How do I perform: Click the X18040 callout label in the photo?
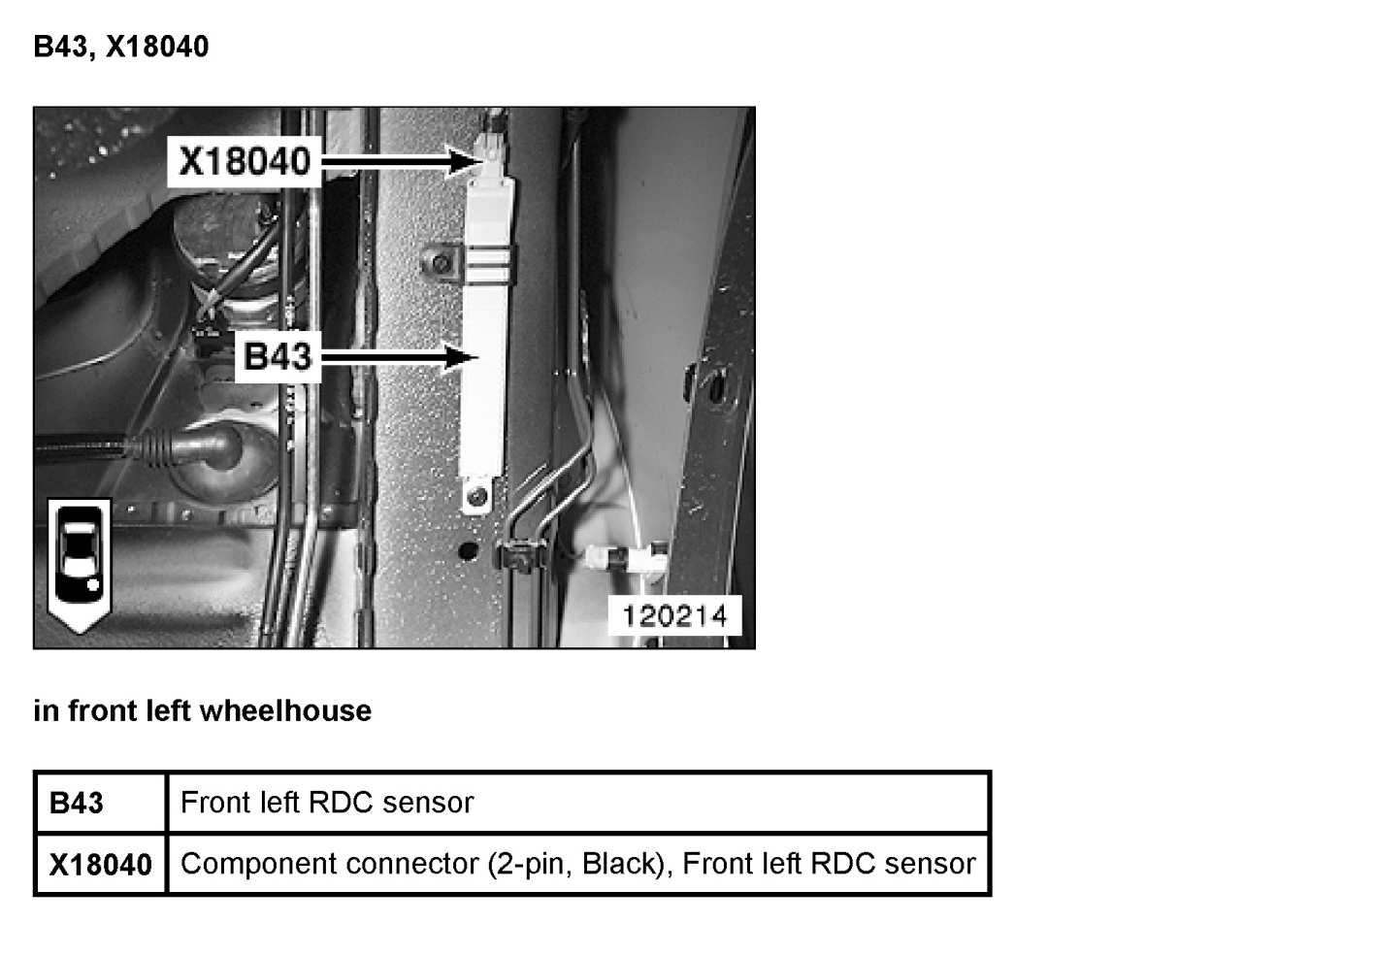point(245,160)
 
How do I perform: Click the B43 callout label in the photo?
point(278,356)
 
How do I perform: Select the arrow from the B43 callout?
point(399,358)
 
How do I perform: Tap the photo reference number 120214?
point(674,615)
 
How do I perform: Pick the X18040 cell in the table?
point(100,864)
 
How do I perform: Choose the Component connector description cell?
point(577,864)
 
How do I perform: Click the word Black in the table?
point(620,864)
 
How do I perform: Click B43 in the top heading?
point(61,47)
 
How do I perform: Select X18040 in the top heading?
point(157,47)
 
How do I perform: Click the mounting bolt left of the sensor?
point(442,264)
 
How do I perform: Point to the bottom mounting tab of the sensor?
point(475,498)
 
